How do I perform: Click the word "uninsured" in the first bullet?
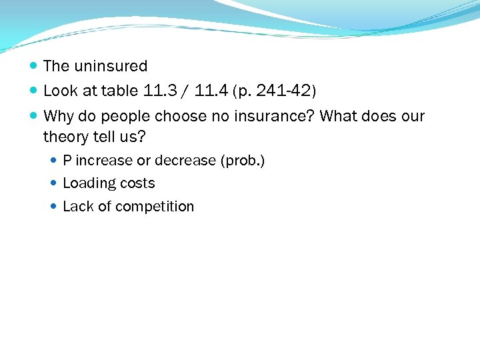[x=111, y=66]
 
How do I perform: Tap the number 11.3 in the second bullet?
[x=155, y=91]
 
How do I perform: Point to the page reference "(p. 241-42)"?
[x=274, y=91]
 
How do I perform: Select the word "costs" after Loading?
[x=137, y=183]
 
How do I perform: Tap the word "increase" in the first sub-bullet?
[x=105, y=161]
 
